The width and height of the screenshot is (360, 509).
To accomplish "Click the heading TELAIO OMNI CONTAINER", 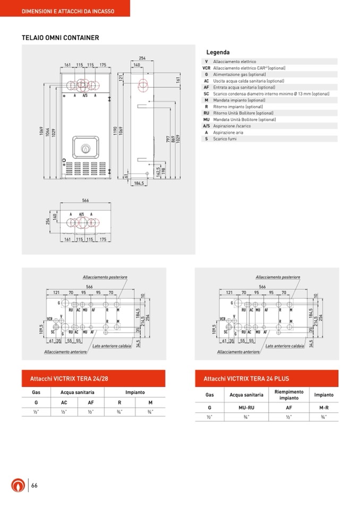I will point(60,38).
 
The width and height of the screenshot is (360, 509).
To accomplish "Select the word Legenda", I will point(218,53).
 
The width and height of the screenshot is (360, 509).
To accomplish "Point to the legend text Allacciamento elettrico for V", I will point(234,62).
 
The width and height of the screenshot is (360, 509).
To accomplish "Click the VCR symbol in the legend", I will point(206,68).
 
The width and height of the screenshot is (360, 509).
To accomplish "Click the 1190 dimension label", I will point(115,131).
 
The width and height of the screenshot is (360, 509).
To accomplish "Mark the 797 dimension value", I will point(167,140).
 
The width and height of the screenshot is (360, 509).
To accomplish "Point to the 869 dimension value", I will point(173,140).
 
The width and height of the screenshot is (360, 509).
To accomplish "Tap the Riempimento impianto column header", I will point(289,395).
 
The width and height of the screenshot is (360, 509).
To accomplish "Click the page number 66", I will point(35,486).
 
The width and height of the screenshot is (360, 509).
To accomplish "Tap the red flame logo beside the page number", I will point(18,486).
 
